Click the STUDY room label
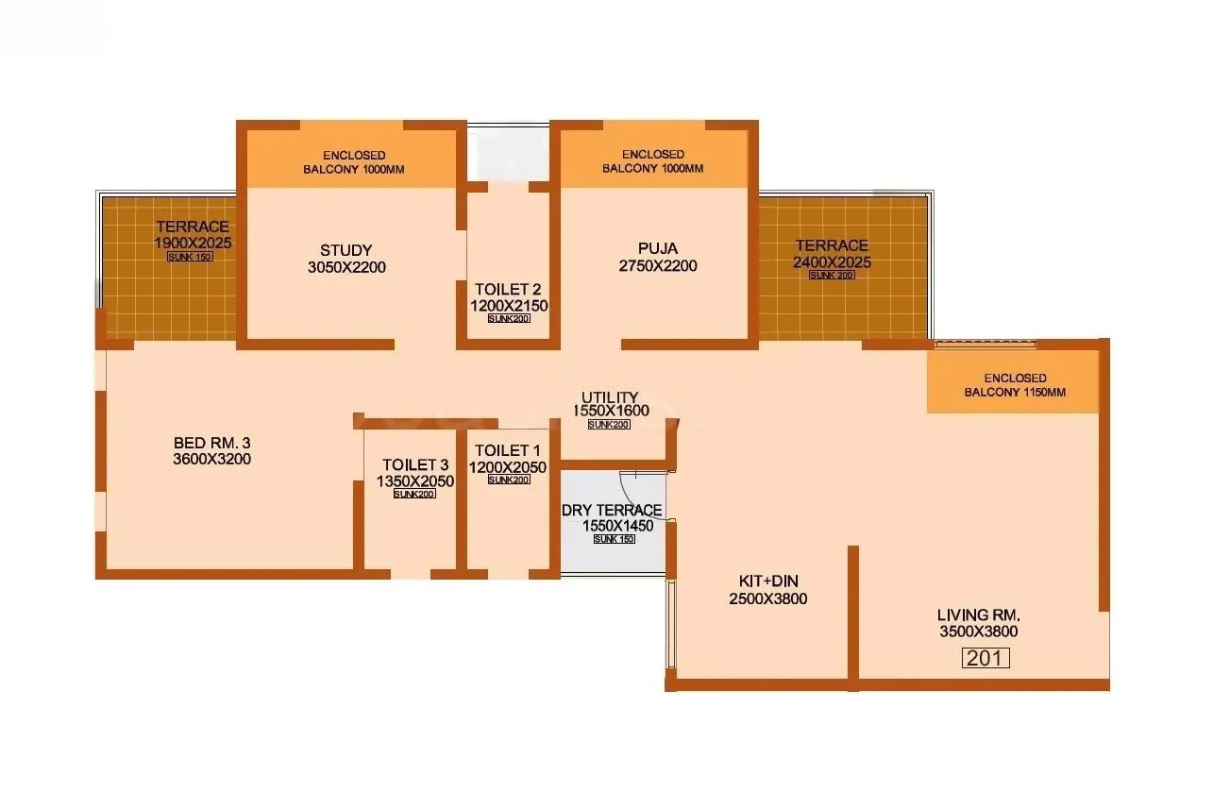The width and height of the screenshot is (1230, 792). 345,250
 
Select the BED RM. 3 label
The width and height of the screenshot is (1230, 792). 211,443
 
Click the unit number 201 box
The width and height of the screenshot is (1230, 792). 986,658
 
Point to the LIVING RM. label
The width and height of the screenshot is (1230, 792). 978,615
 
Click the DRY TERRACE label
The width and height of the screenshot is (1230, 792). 612,511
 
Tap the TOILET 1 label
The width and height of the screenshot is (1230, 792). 508,450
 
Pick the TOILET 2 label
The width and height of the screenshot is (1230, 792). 508,289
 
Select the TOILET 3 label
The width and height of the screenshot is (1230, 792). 415,464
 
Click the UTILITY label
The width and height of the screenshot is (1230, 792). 610,397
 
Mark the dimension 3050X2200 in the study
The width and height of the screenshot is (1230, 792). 346,267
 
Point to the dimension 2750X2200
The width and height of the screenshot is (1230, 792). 658,266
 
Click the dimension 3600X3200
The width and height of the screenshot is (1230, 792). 211,460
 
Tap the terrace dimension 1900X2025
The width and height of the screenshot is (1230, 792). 193,243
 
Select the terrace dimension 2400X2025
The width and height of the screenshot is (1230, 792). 832,262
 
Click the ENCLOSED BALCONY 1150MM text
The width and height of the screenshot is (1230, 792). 1014,385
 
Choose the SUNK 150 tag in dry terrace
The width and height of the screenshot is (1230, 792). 614,539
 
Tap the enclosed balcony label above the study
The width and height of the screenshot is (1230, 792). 353,161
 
